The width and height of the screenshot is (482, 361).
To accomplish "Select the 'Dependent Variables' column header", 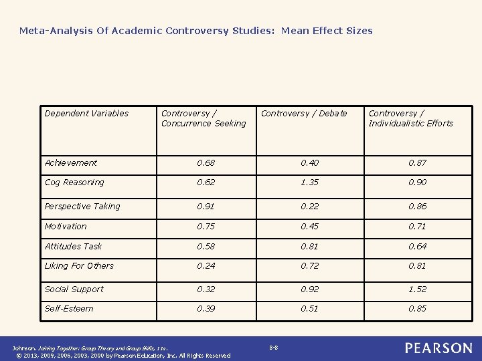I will tap(86, 114).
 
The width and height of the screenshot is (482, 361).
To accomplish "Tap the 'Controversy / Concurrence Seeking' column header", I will tap(204, 118).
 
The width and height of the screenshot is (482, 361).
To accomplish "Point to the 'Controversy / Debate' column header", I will tap(304, 114).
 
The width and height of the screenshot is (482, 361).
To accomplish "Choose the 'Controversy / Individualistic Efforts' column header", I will tap(411, 118).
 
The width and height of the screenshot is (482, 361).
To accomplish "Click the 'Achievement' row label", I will tap(70, 163).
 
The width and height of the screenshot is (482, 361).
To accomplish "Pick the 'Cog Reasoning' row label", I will tap(74, 183).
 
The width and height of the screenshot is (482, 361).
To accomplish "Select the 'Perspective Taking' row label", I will tap(82, 207).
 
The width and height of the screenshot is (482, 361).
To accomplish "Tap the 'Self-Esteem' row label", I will tap(69, 309).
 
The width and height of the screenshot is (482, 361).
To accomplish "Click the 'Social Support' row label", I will tap(74, 289).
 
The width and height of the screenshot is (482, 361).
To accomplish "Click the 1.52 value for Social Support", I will tap(417, 289).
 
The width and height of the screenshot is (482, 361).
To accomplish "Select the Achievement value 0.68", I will tap(206, 163).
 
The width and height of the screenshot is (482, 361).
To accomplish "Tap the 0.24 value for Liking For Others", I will tap(206, 266).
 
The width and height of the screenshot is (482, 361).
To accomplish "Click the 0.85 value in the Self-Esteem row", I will tap(417, 309).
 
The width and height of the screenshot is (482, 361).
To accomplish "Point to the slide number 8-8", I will tap(274, 348).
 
